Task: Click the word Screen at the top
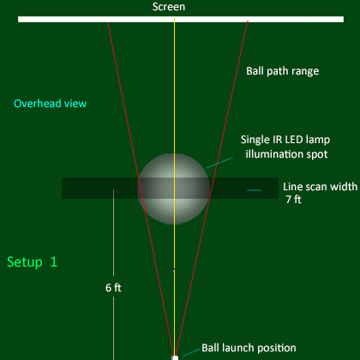tap(169, 7)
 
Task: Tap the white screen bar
tap(181, 19)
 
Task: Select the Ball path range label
tap(283, 71)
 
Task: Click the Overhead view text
tap(51, 104)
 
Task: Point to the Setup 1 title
tap(33, 262)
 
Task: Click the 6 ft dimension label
tap(113, 288)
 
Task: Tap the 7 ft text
tap(294, 200)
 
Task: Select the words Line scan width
tap(321, 187)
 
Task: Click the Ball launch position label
tap(249, 348)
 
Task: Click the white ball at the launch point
tap(175, 357)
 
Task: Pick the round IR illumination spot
tap(173, 189)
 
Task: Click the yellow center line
tap(174, 187)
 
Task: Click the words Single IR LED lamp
tap(285, 140)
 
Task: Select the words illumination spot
tap(286, 154)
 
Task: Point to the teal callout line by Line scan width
tap(254, 190)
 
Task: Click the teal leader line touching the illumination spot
tap(219, 163)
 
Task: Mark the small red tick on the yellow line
tap(174, 269)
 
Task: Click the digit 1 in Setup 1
tap(54, 261)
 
